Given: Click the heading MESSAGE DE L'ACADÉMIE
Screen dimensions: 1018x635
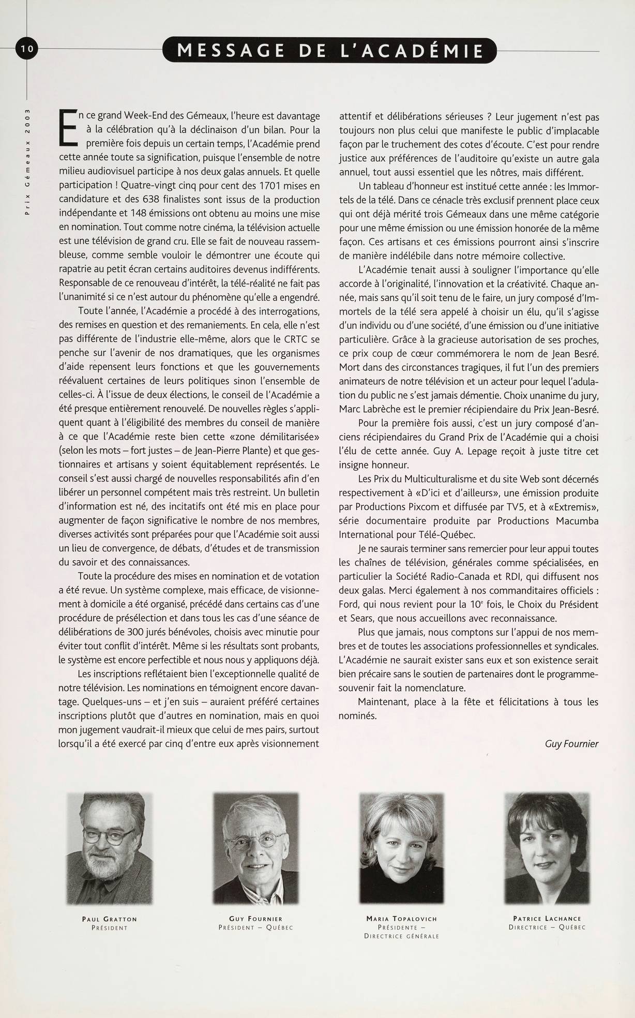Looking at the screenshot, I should click(x=329, y=51).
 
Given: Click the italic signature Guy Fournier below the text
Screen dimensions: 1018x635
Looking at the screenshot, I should click(x=571, y=744).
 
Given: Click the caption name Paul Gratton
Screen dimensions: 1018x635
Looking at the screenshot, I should click(x=110, y=919).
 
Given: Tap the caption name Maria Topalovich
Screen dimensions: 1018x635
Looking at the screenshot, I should click(x=401, y=919).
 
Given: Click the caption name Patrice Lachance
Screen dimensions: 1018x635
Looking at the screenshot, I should click(x=547, y=919).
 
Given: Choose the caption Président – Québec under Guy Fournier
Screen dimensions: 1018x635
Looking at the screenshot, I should click(x=255, y=927).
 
